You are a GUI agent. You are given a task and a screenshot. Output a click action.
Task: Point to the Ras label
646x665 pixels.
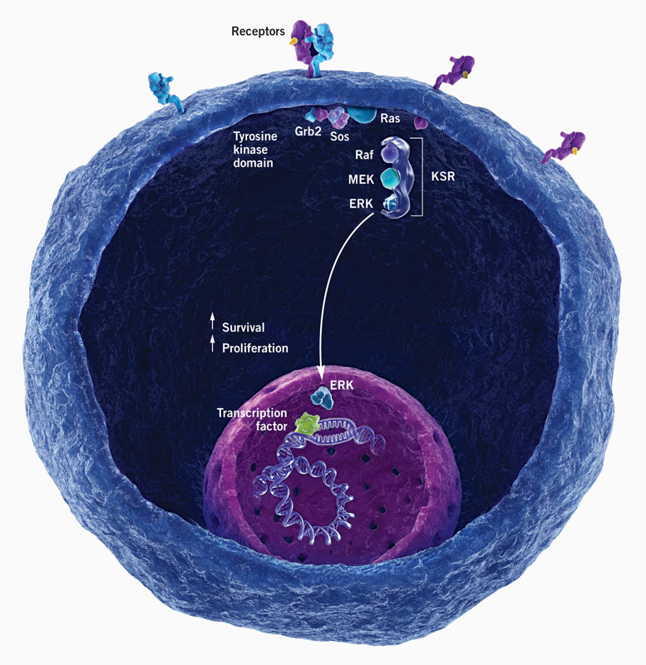coord(391,118)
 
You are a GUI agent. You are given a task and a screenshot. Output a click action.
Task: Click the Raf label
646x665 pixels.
coord(366,154)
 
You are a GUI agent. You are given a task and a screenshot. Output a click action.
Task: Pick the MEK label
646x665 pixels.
coord(362,179)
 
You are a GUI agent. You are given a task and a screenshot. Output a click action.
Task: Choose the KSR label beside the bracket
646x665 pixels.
coord(447,178)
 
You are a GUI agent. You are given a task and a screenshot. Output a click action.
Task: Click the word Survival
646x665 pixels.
coord(244,328)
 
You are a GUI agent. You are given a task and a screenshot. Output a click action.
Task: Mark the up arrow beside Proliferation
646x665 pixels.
coord(213,346)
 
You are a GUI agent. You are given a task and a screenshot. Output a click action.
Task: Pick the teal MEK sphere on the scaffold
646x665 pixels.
coord(389,178)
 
